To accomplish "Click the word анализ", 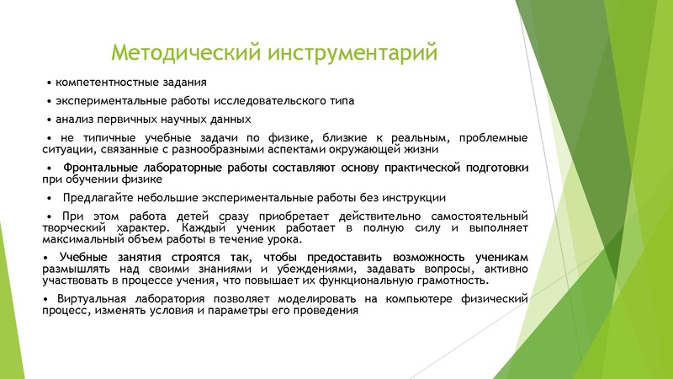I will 73,120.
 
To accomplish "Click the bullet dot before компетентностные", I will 49,83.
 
